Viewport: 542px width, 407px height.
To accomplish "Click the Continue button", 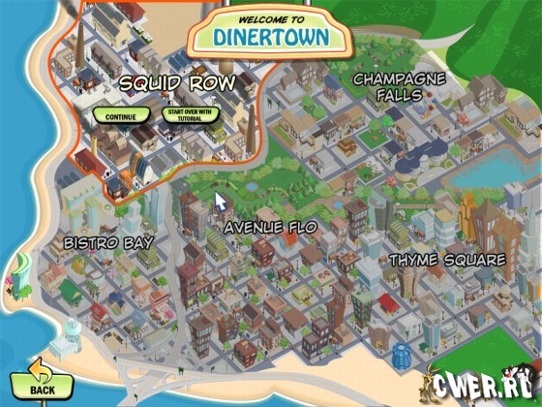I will coord(122,115).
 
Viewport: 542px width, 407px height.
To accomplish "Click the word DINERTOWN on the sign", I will coord(272,38).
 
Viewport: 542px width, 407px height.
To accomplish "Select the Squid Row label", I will coord(177,83).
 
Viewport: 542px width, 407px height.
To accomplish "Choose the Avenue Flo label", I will coord(271,228).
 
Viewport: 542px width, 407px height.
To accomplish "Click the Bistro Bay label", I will coord(108,242).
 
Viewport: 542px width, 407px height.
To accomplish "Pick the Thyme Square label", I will coord(447,260).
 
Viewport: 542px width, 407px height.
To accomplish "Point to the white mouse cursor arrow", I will coord(220,202).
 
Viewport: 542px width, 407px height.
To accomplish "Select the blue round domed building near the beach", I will coord(403,353).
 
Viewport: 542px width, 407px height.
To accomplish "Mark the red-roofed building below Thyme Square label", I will coord(389,302).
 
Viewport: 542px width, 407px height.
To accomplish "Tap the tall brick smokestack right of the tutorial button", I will coord(250,120).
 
